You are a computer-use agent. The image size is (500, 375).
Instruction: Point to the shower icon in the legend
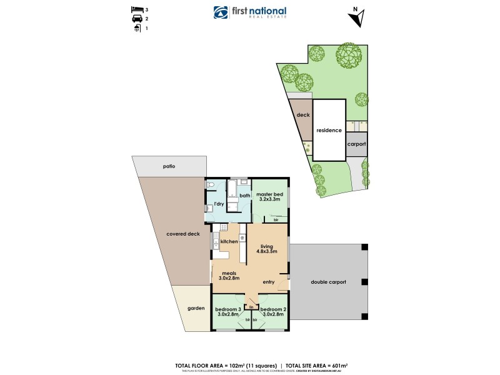137,28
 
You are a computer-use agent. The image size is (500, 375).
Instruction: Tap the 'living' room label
267,247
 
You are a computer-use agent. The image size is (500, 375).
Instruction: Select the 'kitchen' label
229,241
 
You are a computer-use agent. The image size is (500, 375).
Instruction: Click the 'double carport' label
328,282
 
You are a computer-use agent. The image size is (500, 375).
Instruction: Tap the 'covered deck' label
183,234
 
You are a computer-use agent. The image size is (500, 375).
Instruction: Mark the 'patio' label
168,167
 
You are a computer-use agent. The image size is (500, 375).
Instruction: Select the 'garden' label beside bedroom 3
196,308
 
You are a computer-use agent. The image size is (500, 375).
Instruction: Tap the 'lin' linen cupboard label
251,307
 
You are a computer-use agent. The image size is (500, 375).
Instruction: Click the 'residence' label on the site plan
329,131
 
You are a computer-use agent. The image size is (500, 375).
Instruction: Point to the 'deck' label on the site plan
304,116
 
